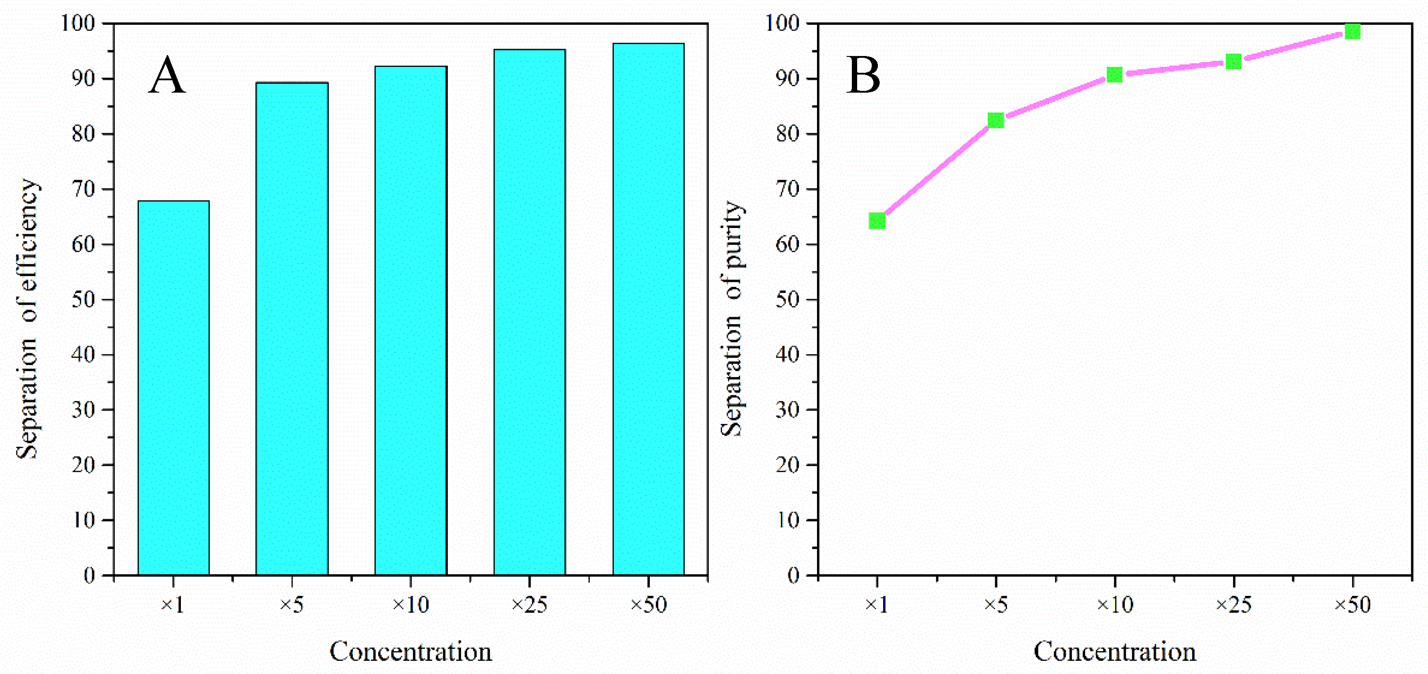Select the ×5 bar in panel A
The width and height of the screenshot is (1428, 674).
(292, 329)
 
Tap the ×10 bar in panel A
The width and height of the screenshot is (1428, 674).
(411, 320)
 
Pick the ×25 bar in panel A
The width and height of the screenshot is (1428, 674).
(529, 312)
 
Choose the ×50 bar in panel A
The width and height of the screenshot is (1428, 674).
(648, 309)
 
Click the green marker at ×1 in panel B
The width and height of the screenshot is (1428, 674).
(877, 221)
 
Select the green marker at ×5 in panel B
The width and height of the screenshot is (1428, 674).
(996, 120)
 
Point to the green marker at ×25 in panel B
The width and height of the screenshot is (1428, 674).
(1233, 61)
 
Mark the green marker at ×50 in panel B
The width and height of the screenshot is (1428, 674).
(1353, 32)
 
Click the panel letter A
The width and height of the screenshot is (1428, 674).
(167, 76)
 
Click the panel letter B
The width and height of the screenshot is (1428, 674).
(863, 76)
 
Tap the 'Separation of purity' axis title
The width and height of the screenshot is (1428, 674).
(733, 319)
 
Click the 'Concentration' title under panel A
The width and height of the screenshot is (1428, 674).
(411, 651)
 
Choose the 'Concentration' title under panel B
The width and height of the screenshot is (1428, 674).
(1115, 651)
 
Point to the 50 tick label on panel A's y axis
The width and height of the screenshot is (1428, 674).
(83, 300)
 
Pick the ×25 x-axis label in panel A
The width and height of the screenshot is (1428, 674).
(529, 604)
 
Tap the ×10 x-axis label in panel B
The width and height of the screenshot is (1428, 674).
(1115, 604)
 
